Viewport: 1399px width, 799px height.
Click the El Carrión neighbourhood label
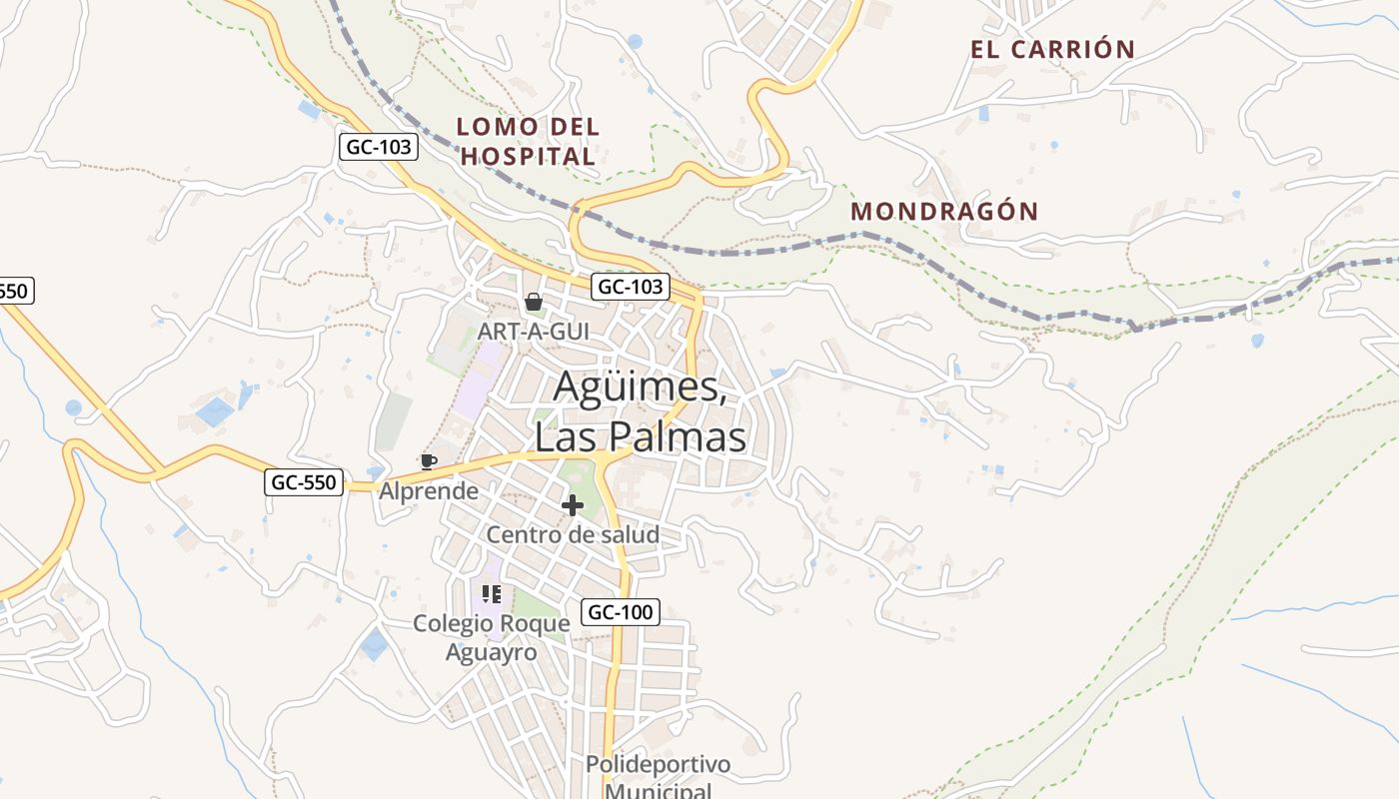pos(1052,49)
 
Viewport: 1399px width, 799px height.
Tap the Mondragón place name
pos(944,212)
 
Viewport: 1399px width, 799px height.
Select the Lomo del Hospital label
pos(528,141)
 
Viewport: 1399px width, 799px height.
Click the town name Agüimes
pos(640,387)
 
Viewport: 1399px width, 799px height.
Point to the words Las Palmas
pos(640,437)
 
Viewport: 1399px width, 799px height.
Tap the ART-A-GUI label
pos(533,331)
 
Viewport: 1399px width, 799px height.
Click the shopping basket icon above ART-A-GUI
pos(534,302)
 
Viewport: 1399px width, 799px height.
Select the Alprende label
pos(428,491)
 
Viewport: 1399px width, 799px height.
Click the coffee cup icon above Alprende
pos(428,461)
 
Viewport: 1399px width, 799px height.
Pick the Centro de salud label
pos(573,534)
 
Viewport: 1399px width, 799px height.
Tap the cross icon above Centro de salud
pos(573,505)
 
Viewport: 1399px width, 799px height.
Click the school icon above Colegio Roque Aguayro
pos(491,594)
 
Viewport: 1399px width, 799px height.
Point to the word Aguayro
pos(491,652)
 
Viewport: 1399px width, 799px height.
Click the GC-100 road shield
pos(621,612)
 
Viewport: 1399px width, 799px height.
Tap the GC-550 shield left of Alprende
pos(305,482)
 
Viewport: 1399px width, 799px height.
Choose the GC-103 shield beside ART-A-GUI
pos(630,287)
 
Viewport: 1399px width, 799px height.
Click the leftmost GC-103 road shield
pos(378,147)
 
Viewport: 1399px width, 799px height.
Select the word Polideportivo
pos(658,765)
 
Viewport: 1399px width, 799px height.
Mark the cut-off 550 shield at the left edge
pos(15,291)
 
